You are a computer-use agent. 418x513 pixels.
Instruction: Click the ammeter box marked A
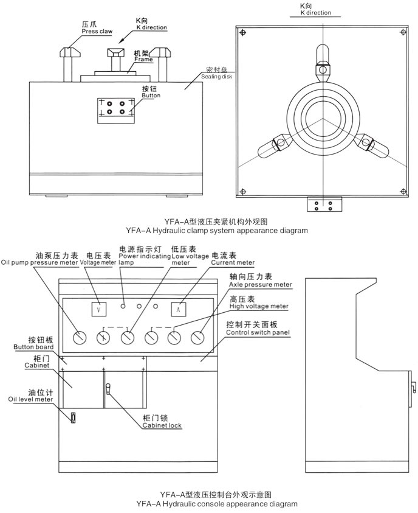coord(177,309)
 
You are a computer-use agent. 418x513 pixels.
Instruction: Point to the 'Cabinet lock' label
coord(162,425)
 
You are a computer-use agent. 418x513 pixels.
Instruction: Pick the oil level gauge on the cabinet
coord(72,417)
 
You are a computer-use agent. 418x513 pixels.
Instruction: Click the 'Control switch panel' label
coord(257,333)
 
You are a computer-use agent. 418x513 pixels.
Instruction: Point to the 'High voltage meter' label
coord(258,306)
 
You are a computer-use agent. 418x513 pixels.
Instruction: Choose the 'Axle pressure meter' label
coord(260,284)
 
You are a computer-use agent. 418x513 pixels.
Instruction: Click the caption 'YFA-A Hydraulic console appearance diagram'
coord(216,504)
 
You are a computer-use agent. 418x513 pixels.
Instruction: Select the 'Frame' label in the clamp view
coord(143,60)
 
